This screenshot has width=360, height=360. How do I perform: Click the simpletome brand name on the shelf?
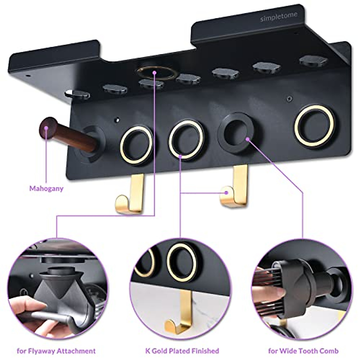pyautogui.click(x=279, y=17)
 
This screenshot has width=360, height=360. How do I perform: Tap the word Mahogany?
pyautogui.click(x=46, y=189)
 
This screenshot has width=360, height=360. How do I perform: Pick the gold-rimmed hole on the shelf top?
pyautogui.click(x=155, y=73)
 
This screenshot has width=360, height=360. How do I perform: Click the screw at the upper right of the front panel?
pyautogui.click(x=289, y=97)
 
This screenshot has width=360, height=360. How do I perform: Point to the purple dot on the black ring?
pyautogui.click(x=248, y=139)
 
